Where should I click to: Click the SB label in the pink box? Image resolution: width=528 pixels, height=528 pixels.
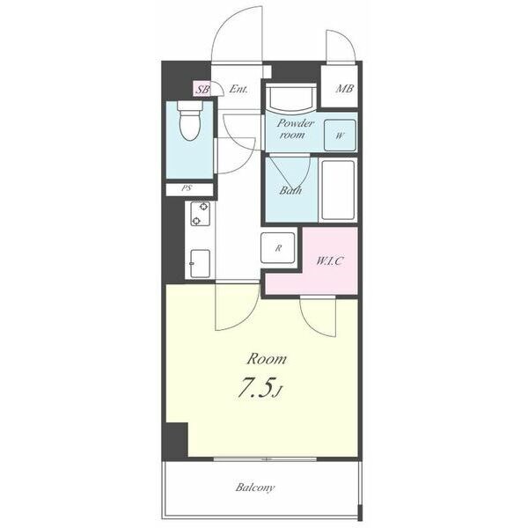[x=202, y=90]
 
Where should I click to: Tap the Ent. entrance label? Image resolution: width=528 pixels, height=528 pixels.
[x=238, y=89]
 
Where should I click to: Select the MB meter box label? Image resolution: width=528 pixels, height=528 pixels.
[x=344, y=89]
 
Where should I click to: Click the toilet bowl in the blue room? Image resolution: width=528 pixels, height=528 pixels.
[x=190, y=121]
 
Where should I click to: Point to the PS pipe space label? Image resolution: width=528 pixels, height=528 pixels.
[x=187, y=188]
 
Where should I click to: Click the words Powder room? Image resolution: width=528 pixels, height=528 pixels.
[x=294, y=129]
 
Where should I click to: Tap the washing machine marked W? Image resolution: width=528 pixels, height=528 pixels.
[x=340, y=136]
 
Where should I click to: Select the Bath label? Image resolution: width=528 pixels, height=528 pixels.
[x=290, y=191]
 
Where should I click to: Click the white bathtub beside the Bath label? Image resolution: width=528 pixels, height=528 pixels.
[x=338, y=190]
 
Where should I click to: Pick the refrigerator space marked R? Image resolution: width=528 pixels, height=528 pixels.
[x=278, y=248]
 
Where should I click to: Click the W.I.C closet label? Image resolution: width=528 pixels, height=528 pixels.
[x=329, y=261]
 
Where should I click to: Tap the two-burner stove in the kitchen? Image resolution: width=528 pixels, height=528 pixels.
[x=200, y=214]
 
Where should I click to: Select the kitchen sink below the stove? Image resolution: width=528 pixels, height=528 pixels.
[x=200, y=264]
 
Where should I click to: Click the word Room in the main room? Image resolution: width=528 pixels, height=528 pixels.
[x=267, y=359]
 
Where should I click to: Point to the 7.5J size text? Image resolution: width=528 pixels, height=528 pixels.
[x=260, y=389]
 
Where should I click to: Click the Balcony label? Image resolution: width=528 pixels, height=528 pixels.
[x=255, y=488]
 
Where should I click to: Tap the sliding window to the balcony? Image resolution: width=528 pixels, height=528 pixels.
[x=265, y=459]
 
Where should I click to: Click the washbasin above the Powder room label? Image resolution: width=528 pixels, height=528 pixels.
[x=291, y=98]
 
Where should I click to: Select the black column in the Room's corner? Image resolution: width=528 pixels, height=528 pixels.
[x=176, y=441]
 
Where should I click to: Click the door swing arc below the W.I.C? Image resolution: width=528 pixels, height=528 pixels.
[x=312, y=324]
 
